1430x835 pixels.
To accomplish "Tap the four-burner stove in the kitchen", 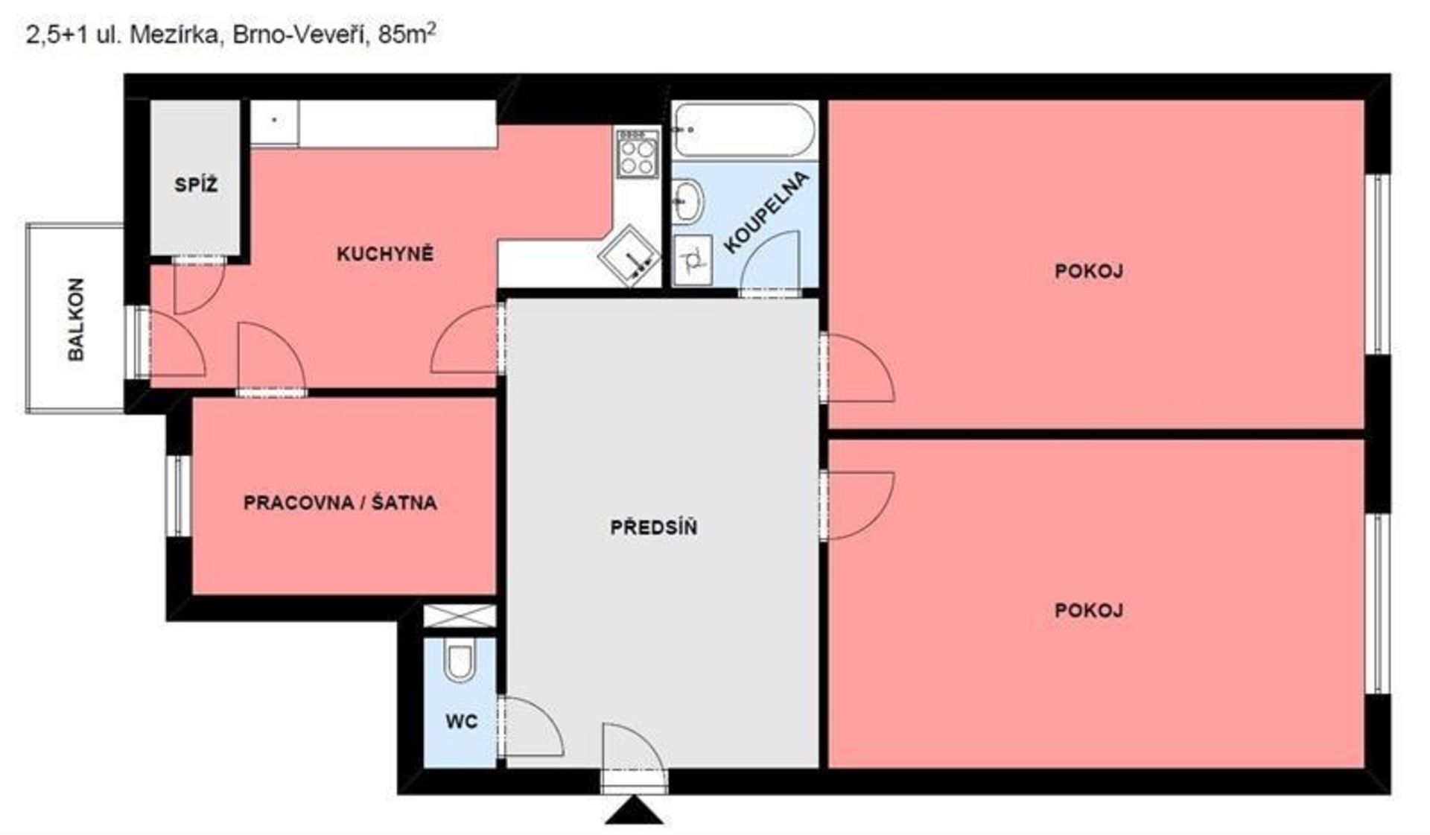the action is click(638, 153).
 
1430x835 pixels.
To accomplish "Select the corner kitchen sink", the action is click(629, 255).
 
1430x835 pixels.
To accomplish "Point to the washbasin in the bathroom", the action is click(687, 200).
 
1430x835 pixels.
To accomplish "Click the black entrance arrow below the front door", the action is click(634, 810).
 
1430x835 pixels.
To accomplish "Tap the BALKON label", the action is click(76, 320).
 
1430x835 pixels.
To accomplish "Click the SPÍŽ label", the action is click(196, 185).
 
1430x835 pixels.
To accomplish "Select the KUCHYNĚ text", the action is click(384, 254).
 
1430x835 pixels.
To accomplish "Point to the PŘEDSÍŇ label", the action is click(654, 527).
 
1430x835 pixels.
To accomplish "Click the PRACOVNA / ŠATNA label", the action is click(340, 502).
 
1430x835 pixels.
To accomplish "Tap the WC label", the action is click(462, 721).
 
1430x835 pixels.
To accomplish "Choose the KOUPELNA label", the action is click(766, 212).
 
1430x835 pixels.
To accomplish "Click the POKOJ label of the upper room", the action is click(1089, 271).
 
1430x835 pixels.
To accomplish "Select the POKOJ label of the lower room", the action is click(1089, 611).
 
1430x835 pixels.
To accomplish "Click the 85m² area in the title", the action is click(407, 34).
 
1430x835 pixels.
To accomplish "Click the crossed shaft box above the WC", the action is click(460, 616).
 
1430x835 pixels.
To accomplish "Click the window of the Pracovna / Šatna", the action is click(179, 496).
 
